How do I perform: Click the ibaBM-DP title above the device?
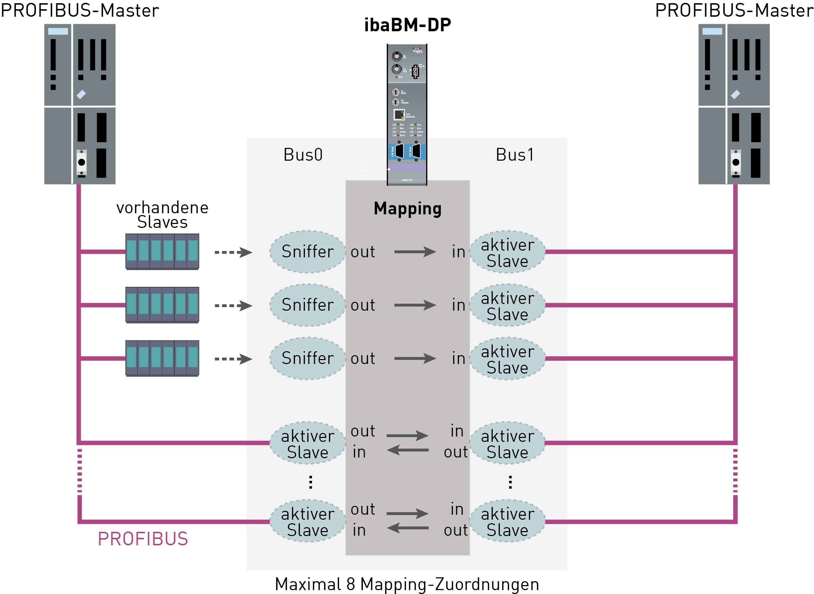(407, 25)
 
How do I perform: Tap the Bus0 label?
(303, 155)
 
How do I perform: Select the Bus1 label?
(514, 155)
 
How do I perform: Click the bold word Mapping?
(407, 209)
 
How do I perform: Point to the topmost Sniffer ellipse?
(307, 252)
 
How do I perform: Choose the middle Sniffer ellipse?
(307, 305)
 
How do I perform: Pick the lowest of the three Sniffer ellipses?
(307, 358)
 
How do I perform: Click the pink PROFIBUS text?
(143, 539)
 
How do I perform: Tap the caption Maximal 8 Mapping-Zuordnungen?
(407, 584)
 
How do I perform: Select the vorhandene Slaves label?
(162, 215)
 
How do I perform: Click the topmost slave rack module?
(162, 251)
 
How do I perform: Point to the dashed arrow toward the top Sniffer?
(233, 252)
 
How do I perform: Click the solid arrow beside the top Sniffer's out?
(414, 252)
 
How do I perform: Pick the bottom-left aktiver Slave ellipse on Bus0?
(307, 522)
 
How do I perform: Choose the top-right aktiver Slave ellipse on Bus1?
(507, 252)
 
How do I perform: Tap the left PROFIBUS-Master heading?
(80, 10)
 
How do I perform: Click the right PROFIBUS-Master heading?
(734, 10)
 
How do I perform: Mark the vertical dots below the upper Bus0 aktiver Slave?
(310, 482)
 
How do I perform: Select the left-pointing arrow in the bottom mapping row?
(407, 528)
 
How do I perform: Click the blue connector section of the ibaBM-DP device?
(407, 152)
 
